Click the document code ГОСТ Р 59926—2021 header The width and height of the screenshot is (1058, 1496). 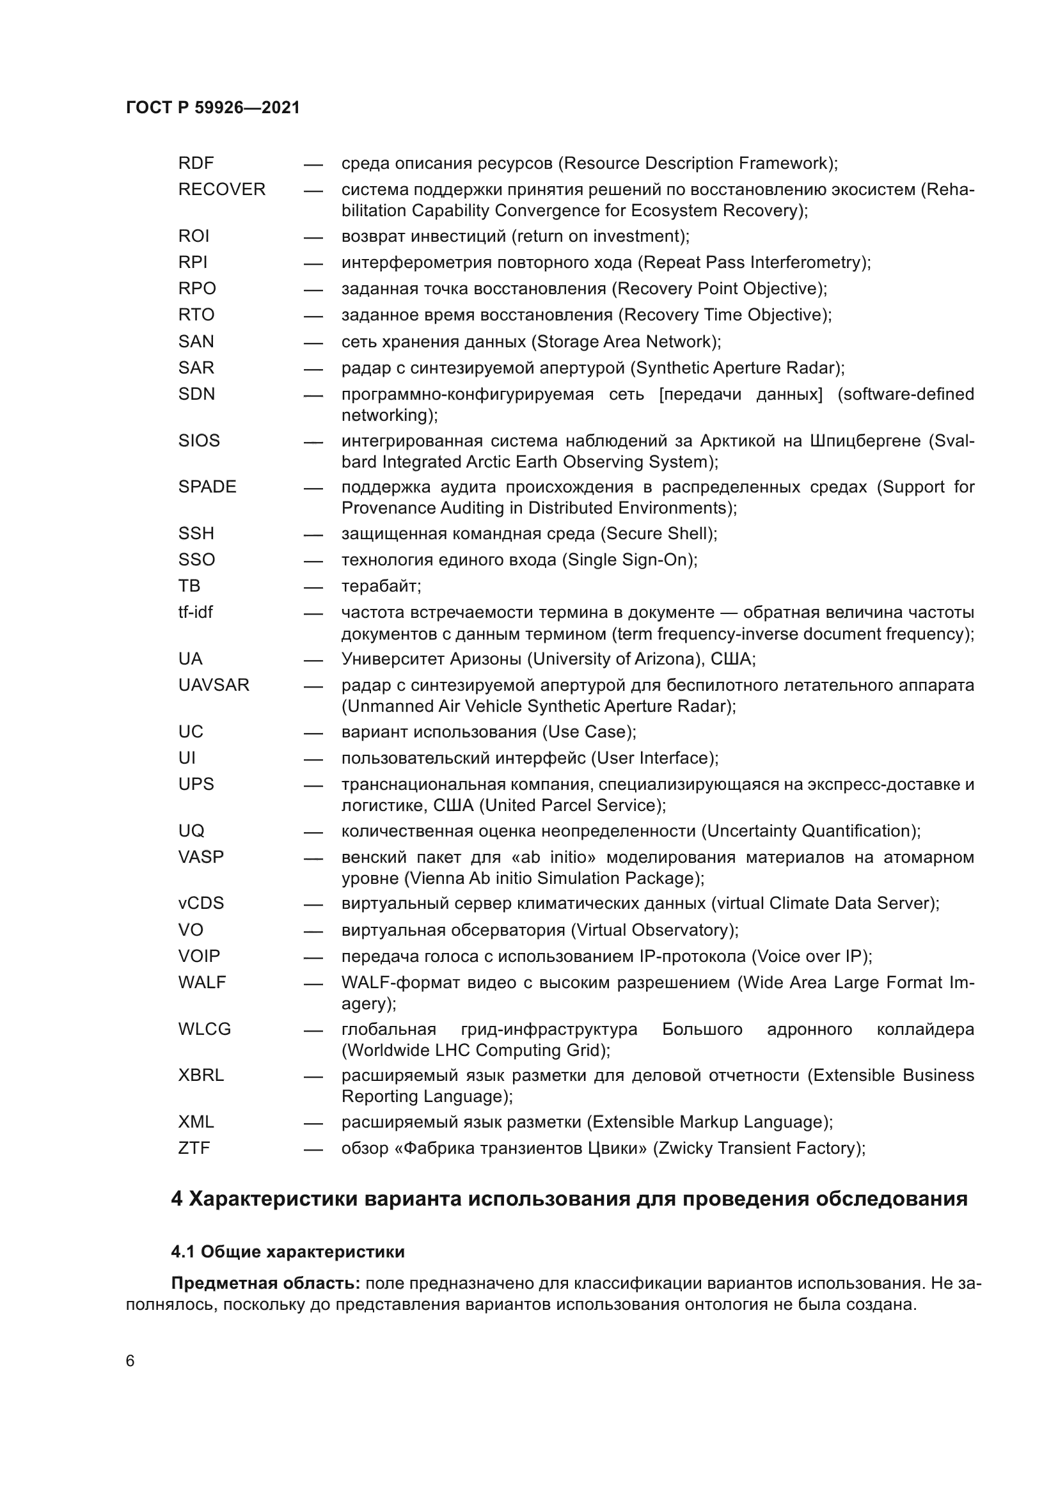[213, 108]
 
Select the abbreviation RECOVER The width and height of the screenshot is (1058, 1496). [221, 189]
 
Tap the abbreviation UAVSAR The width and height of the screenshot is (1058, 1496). [214, 686]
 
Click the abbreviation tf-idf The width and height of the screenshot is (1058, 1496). [196, 613]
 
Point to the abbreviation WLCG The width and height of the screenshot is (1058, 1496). [205, 1030]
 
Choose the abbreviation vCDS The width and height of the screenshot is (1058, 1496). [201, 904]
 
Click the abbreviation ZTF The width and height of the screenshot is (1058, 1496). [194, 1148]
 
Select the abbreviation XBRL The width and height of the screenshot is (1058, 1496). [201, 1076]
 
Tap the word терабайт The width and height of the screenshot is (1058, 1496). [381, 587]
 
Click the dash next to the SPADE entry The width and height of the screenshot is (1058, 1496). [313, 488]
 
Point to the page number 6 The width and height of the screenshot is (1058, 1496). [130, 1362]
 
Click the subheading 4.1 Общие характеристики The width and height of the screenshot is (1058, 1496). [287, 1252]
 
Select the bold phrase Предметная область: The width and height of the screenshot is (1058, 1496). [265, 1284]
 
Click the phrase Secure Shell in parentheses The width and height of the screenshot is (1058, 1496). [658, 534]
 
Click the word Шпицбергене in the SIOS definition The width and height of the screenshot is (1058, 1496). [860, 441]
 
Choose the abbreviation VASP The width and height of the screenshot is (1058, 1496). [201, 858]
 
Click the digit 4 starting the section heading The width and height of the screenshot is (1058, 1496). [177, 1199]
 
